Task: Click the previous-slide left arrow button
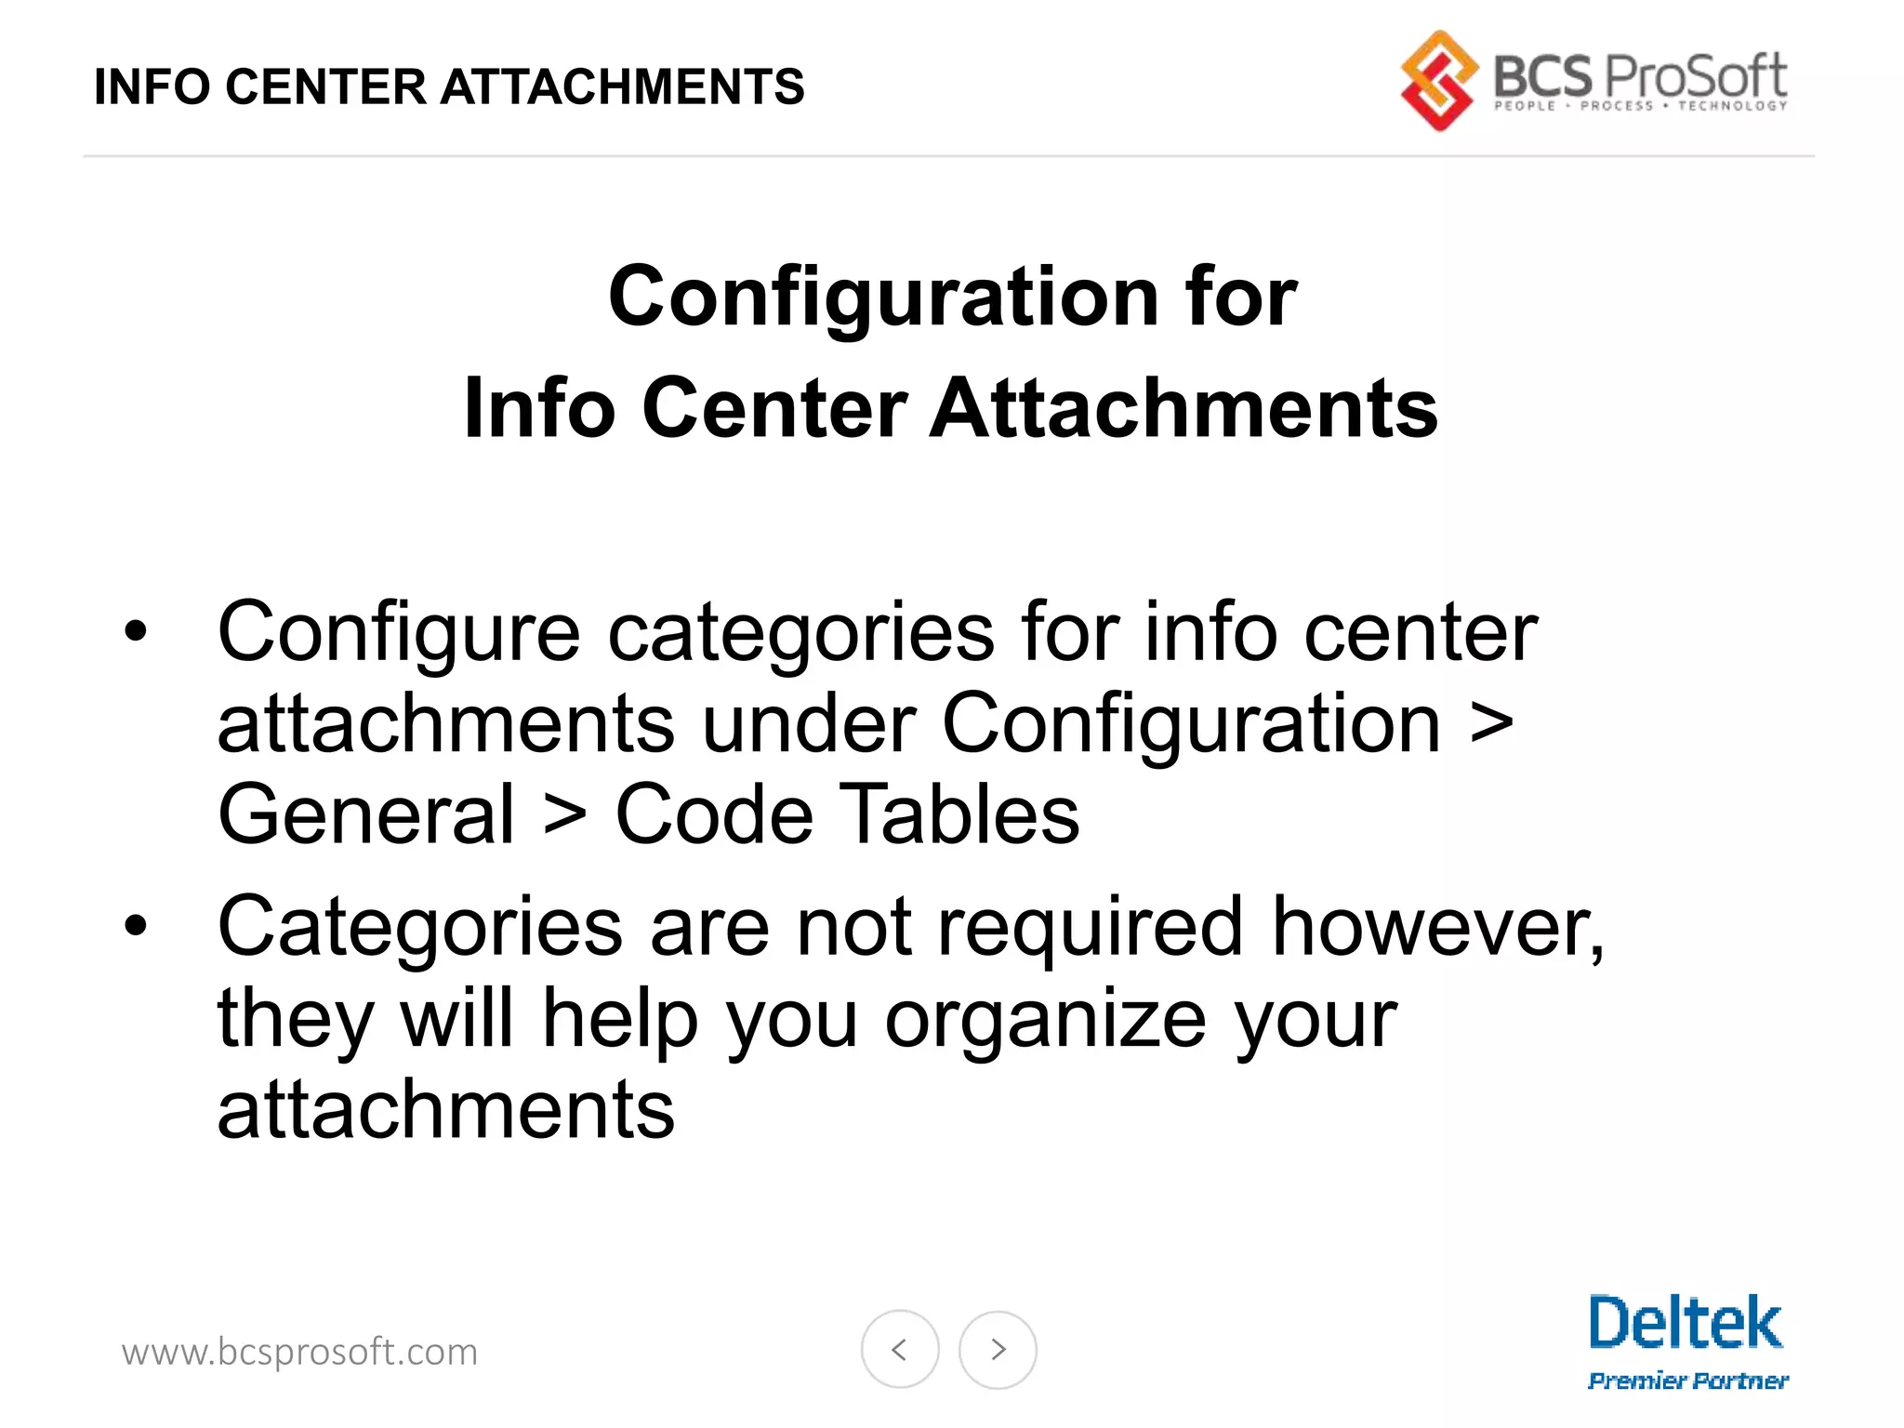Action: (899, 1349)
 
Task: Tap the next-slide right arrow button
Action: (998, 1349)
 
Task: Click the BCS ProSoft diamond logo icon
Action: (1438, 81)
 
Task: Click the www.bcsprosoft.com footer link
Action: (299, 1352)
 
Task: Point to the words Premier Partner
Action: (1687, 1381)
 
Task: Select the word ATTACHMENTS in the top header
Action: (622, 87)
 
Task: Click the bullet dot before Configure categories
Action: (136, 631)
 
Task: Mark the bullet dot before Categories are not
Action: (136, 926)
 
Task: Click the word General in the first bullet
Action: (365, 814)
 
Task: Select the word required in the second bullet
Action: (1091, 928)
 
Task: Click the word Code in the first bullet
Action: (714, 814)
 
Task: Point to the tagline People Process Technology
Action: (1640, 106)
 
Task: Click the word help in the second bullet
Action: (620, 1019)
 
